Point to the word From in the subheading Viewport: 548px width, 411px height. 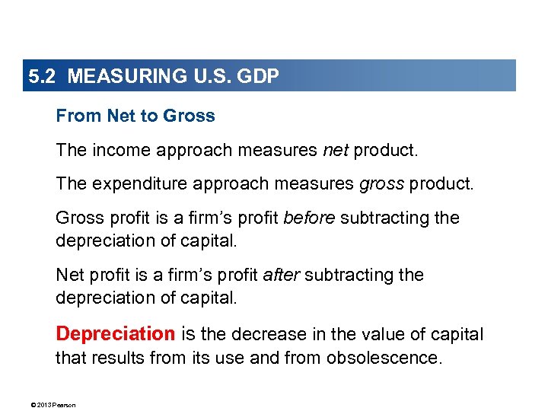point(78,116)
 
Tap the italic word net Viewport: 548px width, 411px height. point(336,151)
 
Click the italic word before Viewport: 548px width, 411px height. point(309,218)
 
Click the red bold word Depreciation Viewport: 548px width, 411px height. point(116,334)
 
